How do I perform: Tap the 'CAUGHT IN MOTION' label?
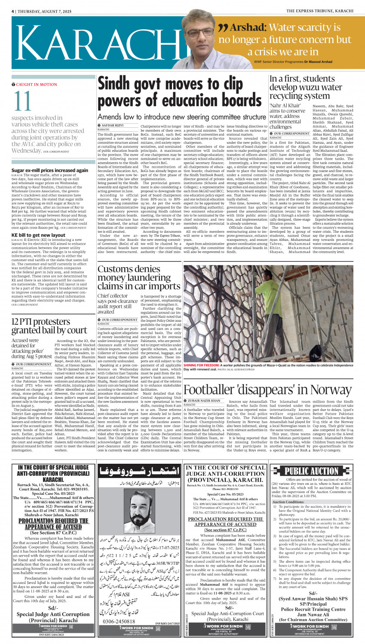pyautogui.click(x=36, y=85)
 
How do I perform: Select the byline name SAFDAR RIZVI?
pyautogui.click(x=112, y=125)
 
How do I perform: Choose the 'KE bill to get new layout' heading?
pyautogui.click(x=38, y=235)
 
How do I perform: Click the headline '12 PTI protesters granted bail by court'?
pyautogui.click(x=49, y=326)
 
